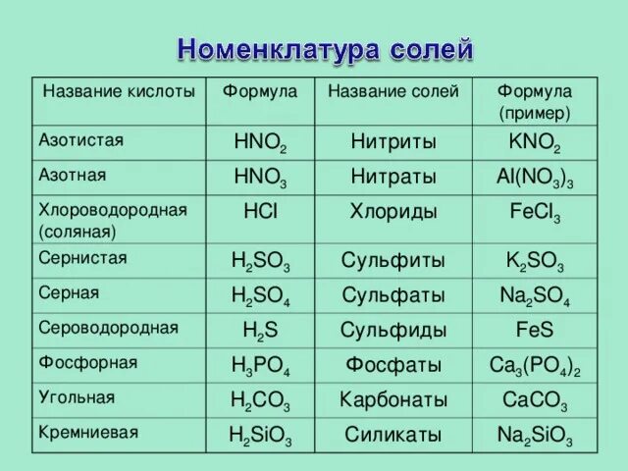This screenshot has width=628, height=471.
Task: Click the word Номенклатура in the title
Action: click(278, 50)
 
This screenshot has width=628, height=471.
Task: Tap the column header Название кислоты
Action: click(119, 91)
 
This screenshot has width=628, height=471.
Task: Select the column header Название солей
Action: click(393, 91)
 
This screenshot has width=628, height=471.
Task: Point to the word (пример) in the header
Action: click(535, 114)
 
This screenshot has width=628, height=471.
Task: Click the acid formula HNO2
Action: click(260, 142)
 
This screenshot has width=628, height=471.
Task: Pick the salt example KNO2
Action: click(535, 142)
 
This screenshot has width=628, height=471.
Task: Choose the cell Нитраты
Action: click(393, 177)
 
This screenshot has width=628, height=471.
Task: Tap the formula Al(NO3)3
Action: click(535, 178)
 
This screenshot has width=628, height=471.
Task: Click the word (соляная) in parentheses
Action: click(78, 233)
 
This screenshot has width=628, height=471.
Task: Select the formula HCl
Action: click(260, 211)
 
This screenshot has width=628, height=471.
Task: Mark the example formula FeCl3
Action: click(535, 212)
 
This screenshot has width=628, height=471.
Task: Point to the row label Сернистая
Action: click(82, 257)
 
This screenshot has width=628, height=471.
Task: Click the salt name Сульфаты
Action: click(393, 295)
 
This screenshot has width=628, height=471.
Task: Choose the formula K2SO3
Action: click(535, 262)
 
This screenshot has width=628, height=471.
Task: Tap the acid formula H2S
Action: click(260, 331)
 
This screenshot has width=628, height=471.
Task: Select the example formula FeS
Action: click(535, 330)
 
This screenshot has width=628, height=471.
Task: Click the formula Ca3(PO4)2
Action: click(535, 366)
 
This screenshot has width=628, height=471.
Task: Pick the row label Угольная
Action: click(77, 397)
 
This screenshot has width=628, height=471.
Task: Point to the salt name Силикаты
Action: click(393, 435)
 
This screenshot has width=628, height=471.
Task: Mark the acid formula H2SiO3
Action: click(260, 436)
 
